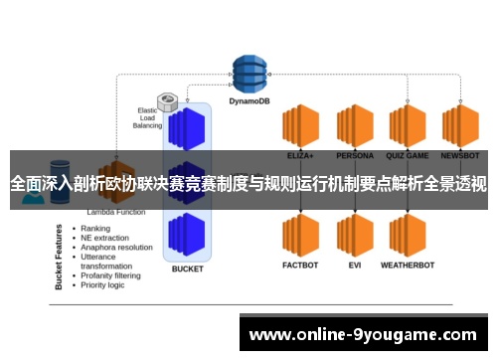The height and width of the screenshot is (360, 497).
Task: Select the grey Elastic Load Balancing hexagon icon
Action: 168,101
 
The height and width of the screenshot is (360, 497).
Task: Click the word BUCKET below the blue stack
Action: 187,269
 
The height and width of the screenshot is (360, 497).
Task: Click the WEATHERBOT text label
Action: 408,267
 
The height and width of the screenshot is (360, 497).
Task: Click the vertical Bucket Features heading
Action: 61,256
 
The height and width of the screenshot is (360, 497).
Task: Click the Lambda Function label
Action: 117,212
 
